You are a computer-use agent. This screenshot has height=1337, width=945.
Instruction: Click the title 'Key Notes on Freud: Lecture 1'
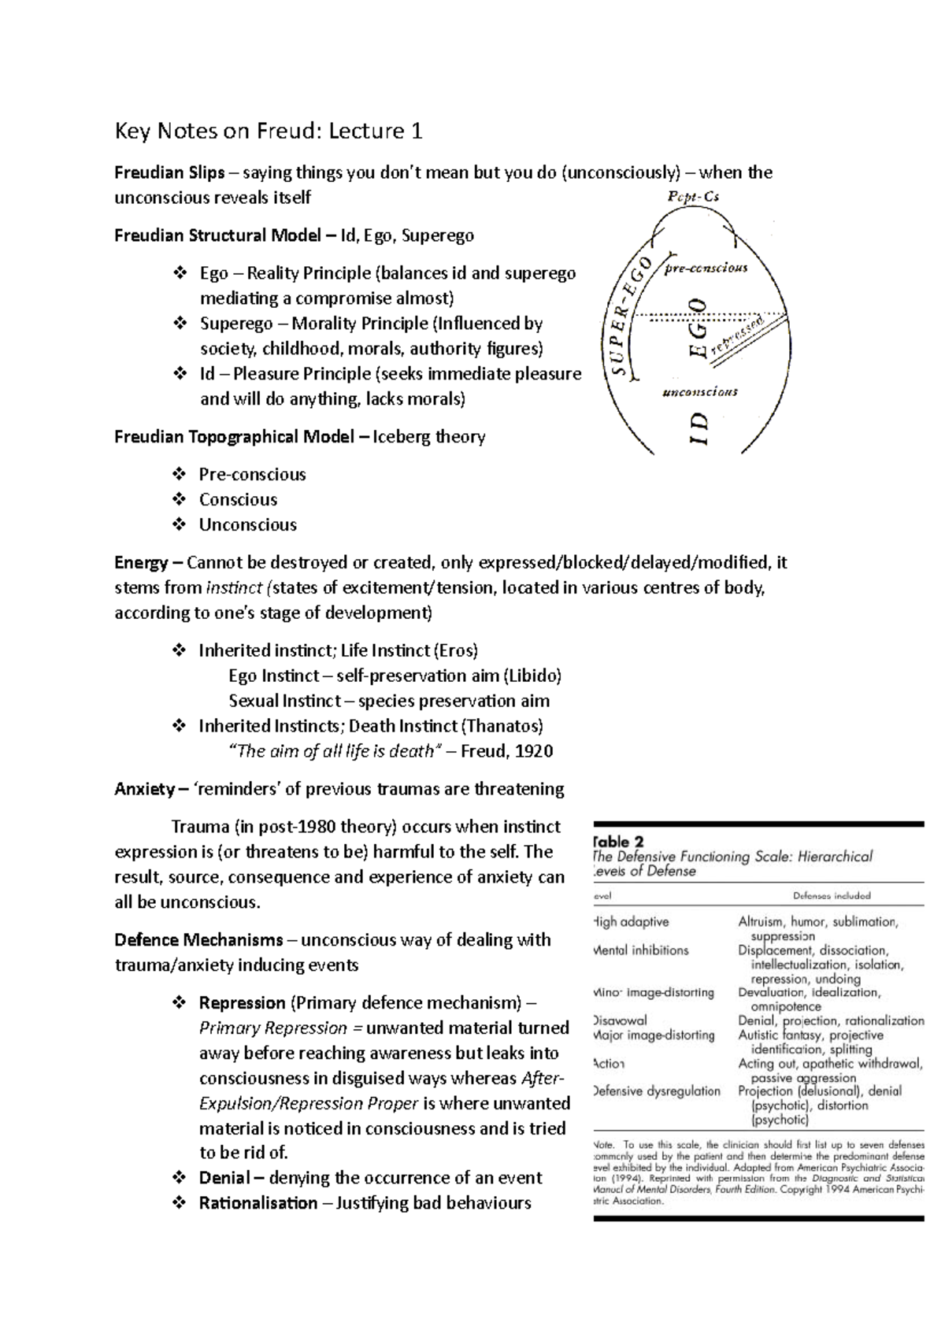[x=269, y=131]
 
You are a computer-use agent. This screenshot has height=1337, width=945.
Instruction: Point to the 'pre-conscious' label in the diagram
[x=706, y=268]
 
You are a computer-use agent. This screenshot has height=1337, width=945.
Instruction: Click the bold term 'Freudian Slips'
[x=169, y=172]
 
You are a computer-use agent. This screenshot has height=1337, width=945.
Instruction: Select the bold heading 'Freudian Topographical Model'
[x=234, y=436]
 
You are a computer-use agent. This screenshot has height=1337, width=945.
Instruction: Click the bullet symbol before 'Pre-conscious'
[x=179, y=474]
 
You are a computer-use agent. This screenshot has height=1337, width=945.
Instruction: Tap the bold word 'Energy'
[x=142, y=562]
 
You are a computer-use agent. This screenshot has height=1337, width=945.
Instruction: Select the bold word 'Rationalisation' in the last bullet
[x=258, y=1203]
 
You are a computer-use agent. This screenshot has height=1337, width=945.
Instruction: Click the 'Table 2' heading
[x=622, y=842]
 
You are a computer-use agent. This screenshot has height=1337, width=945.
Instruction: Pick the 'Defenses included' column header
[x=832, y=895]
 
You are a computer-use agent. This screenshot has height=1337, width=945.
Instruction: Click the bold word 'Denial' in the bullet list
[x=224, y=1178]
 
